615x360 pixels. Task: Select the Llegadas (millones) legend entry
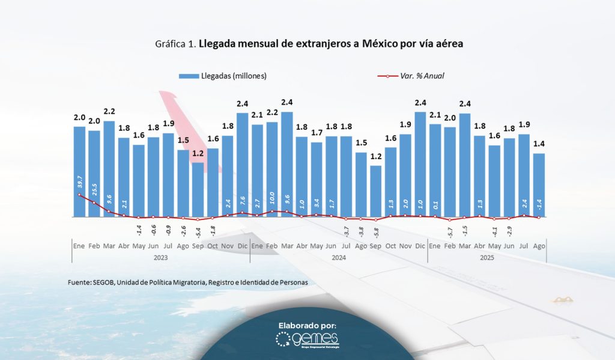point(222,76)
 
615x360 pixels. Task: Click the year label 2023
point(160,257)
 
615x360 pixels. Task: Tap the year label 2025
point(487,257)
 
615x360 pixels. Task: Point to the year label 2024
point(338,257)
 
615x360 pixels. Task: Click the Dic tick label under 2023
point(243,246)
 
